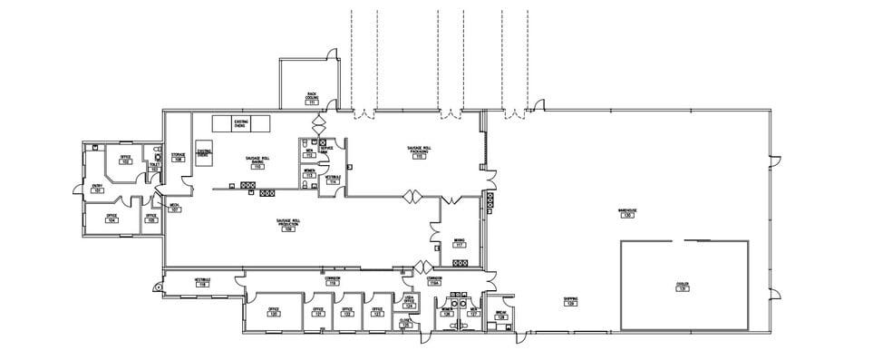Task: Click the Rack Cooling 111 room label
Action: point(312,98)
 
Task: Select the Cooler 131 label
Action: point(683,286)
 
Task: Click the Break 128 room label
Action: point(500,315)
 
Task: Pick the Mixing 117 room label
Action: point(460,244)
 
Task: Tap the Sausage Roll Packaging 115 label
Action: point(419,153)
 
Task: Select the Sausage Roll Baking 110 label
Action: point(257,163)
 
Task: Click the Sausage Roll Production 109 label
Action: point(288,226)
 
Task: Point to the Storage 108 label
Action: point(179,158)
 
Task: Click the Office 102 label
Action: point(125,160)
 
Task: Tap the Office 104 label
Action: point(111,218)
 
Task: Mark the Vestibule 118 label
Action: point(202,283)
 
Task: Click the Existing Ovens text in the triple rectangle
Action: point(241,123)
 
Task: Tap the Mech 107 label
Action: point(174,208)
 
